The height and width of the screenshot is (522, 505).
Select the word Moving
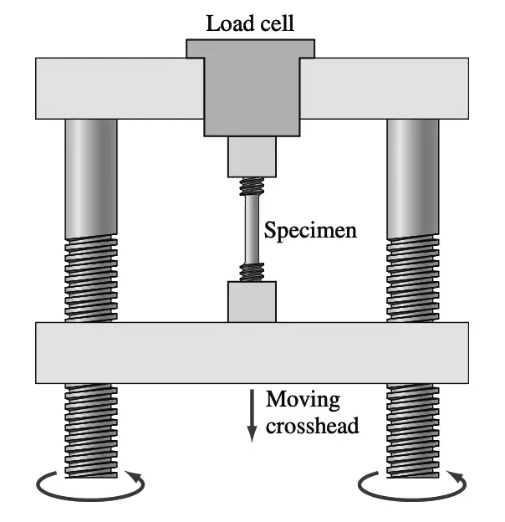click(x=298, y=400)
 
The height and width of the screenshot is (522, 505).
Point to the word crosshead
click(x=313, y=425)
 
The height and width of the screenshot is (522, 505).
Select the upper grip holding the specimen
click(x=252, y=156)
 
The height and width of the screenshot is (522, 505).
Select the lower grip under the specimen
click(x=252, y=301)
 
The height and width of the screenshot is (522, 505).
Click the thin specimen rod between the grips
click(x=252, y=230)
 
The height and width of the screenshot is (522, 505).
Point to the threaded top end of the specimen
click(x=252, y=187)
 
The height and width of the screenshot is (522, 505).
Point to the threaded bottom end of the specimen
click(x=252, y=273)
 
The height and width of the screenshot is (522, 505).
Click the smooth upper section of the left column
click(x=91, y=176)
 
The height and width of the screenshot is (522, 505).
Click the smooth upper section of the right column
click(x=412, y=176)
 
